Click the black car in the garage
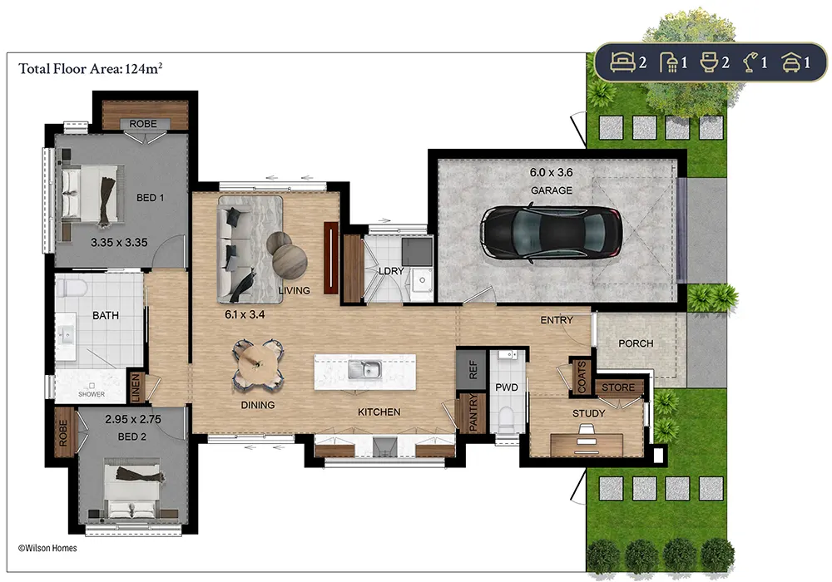tap(551, 233)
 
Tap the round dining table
tap(257, 363)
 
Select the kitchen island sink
tap(364, 369)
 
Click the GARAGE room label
tap(552, 190)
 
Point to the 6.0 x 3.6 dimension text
tap(551, 172)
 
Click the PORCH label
tap(636, 343)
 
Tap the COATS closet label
tap(582, 377)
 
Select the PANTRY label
tap(473, 412)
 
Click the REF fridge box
tap(471, 369)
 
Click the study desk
tap(587, 444)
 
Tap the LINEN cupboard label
tap(136, 387)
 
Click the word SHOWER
tap(92, 394)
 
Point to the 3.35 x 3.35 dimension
tap(119, 242)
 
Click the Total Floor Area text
tap(90, 68)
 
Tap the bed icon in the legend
tap(622, 62)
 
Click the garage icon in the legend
tap(790, 62)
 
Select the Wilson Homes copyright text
tap(47, 548)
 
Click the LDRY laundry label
tap(391, 271)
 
